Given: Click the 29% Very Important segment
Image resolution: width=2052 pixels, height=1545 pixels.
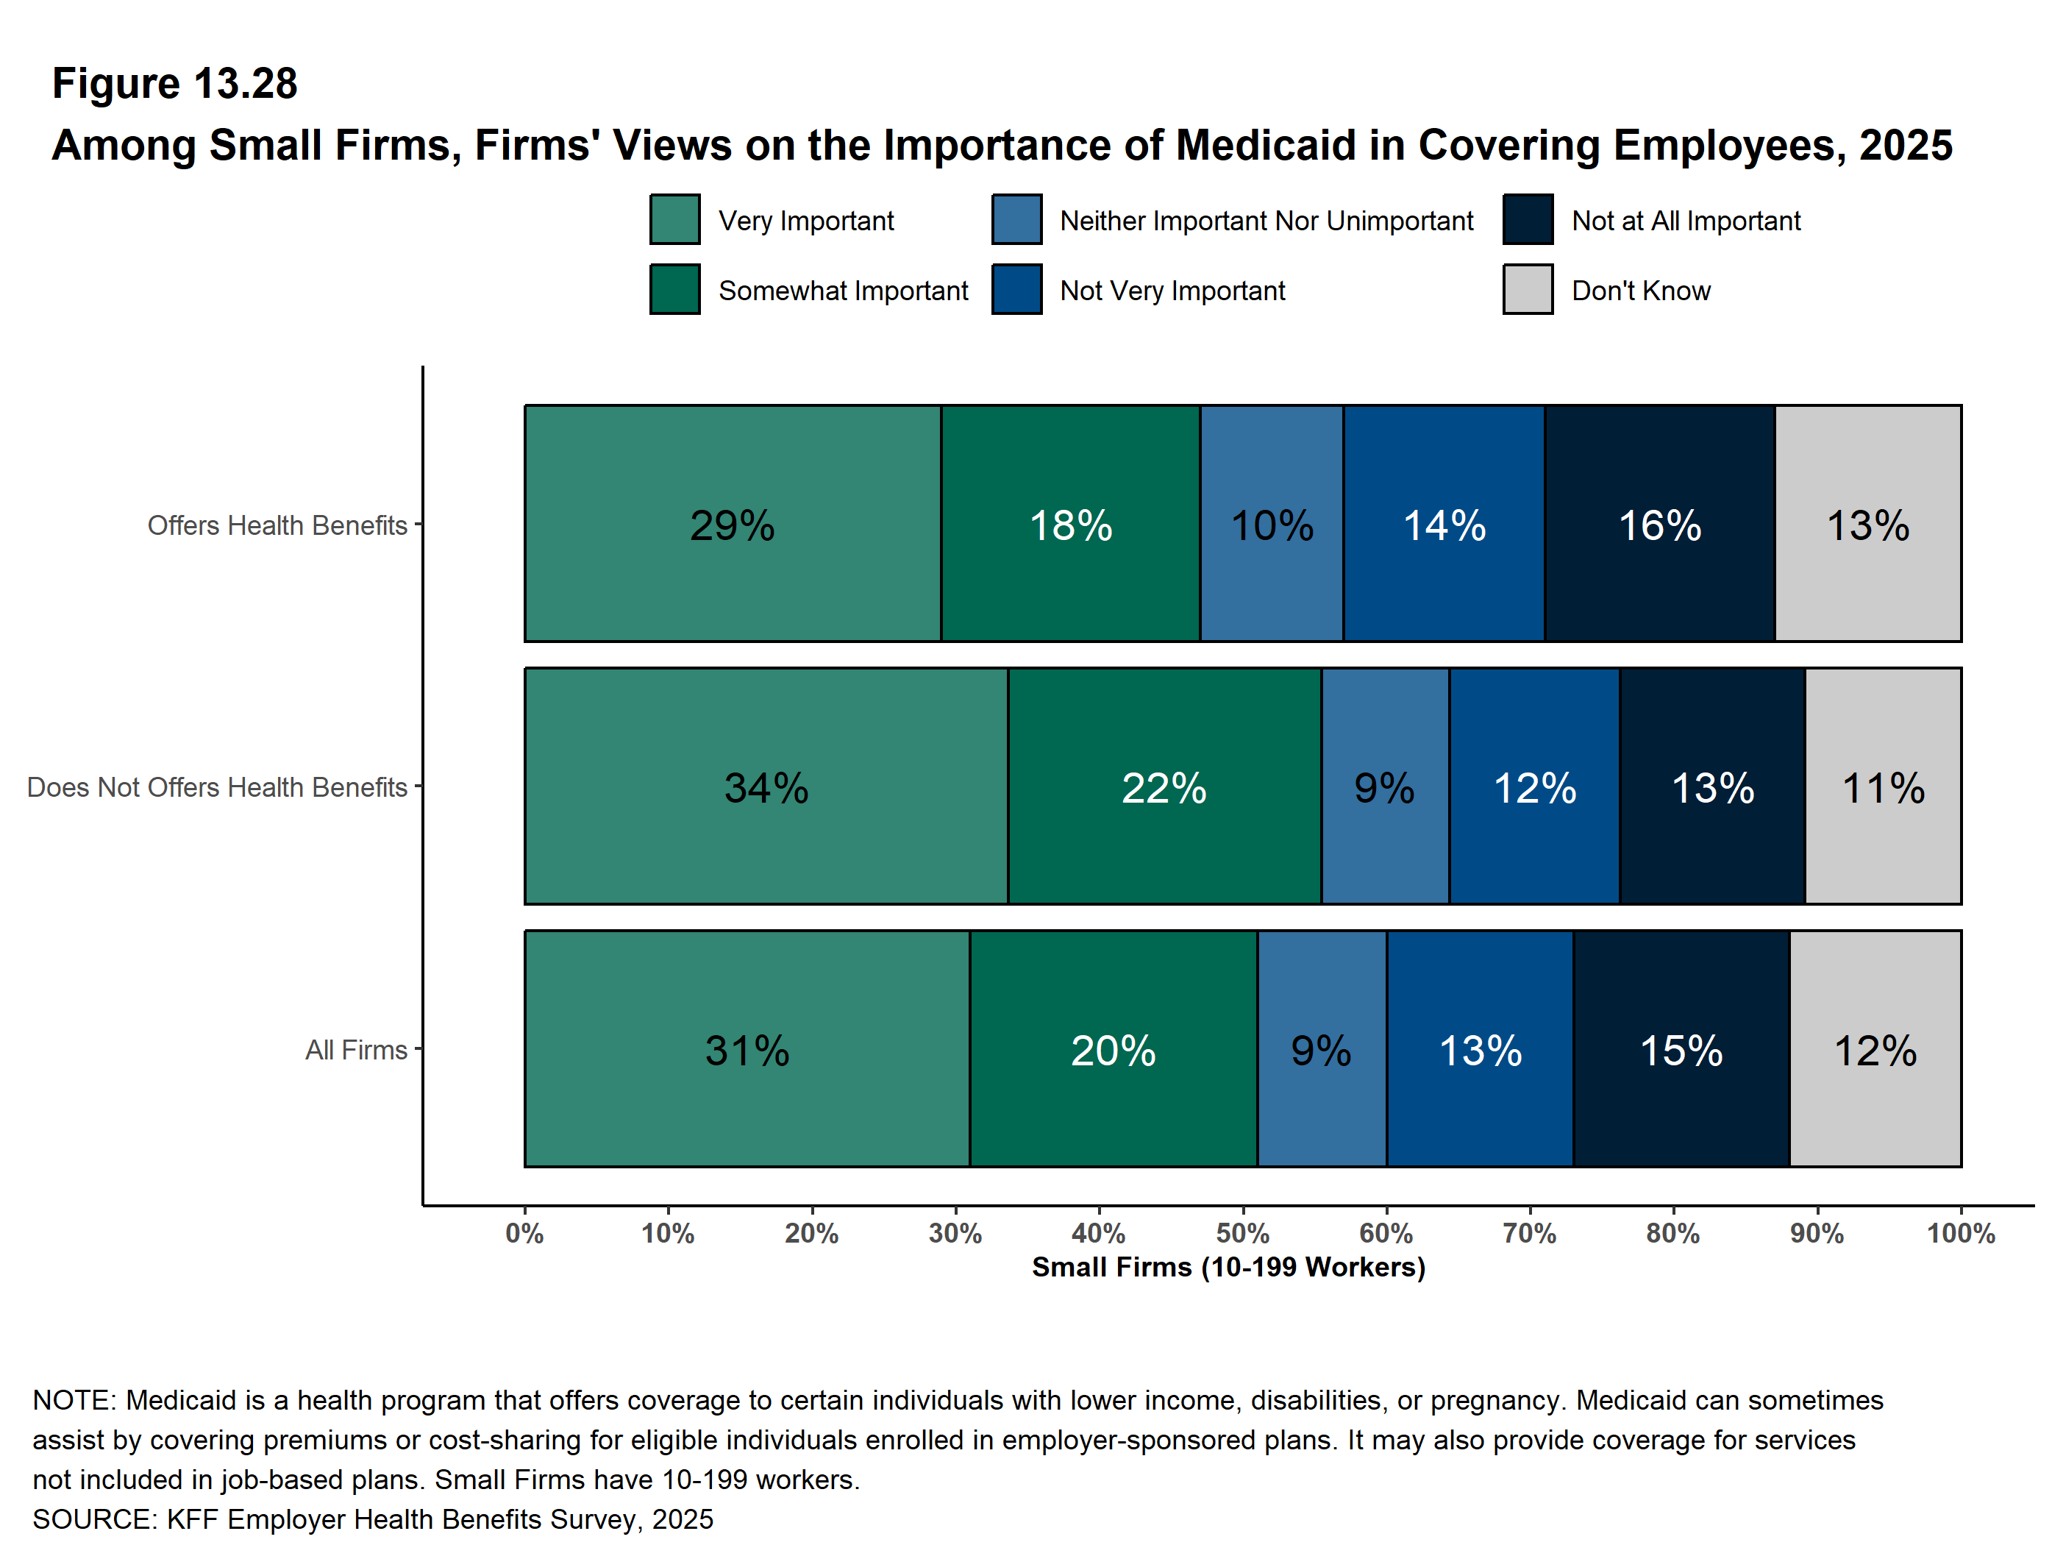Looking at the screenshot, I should pos(732,525).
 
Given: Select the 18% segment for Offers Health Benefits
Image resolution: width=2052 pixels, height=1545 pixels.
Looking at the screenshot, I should pos(1071,525).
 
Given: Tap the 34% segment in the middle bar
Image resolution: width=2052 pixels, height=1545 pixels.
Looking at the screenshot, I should pos(766,787).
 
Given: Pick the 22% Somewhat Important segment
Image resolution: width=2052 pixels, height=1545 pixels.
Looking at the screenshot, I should pos(1164,787).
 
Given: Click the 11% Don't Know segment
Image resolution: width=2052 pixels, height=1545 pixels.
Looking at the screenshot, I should pos(1883,787).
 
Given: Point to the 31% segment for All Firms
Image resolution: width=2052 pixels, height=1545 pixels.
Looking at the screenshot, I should pos(747,1049).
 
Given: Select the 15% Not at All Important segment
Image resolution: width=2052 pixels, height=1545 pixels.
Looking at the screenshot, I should pos(1681,1049).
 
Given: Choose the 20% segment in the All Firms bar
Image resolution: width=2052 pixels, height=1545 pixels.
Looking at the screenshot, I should pos(1114,1049).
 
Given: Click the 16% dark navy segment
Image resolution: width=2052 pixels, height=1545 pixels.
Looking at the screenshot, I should pos(1659,525).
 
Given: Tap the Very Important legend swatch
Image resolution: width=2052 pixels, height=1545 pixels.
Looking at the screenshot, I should pos(674,220).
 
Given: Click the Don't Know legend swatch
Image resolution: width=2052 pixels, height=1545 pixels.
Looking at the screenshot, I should pos(1528,290).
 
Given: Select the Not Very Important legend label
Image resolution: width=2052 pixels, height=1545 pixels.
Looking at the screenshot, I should pos(1172,291).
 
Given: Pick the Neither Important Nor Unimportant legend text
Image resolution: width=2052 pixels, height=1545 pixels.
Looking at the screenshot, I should pos(1267,221).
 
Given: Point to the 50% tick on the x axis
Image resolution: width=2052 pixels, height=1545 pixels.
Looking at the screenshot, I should pos(1243,1233).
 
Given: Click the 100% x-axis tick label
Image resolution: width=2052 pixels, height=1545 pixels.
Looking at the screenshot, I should pos(1961,1233).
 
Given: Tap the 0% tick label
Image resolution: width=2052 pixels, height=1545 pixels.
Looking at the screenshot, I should pos(525,1233).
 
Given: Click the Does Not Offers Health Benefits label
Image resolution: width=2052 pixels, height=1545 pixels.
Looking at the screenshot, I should pos(217,787).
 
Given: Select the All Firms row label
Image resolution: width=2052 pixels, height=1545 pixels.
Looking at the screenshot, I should pos(356,1049).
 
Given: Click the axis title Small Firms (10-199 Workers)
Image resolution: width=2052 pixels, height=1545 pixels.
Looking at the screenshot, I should pos(1228,1267).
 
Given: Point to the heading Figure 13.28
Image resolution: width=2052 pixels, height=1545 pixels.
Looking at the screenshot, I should pos(174,84).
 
